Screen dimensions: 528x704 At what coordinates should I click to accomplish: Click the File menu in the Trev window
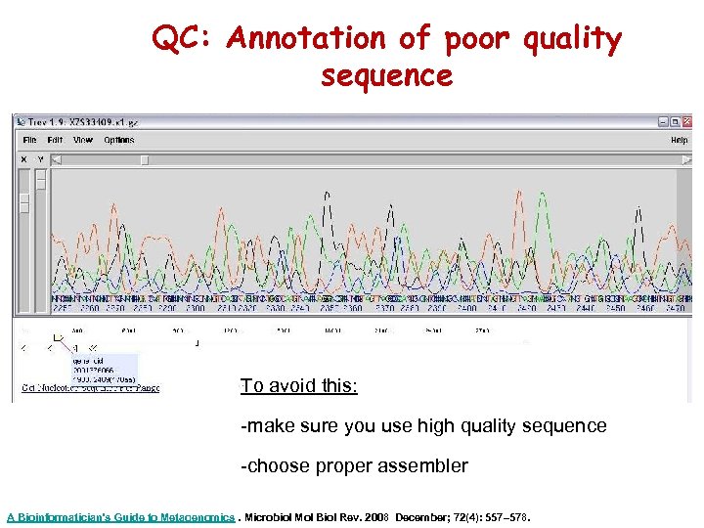pyautogui.click(x=29, y=140)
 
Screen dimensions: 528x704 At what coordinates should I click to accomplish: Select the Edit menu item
pyautogui.click(x=57, y=140)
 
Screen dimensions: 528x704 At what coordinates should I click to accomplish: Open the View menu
pyautogui.click(x=84, y=140)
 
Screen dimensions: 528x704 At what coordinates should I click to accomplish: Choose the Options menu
pyautogui.click(x=119, y=140)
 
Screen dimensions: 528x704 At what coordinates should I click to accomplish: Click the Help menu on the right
pyautogui.click(x=679, y=140)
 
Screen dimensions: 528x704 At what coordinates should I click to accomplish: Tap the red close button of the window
pyautogui.click(x=686, y=122)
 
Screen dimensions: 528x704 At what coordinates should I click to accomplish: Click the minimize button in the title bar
pyautogui.click(x=662, y=122)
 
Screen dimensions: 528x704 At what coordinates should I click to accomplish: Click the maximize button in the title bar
pyautogui.click(x=675, y=122)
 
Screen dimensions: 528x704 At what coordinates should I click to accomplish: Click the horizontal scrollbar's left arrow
pyautogui.click(x=57, y=159)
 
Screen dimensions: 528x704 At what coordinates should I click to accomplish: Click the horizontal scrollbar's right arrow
pyautogui.click(x=686, y=159)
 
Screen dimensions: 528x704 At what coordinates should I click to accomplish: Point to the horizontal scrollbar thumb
pyautogui.click(x=145, y=159)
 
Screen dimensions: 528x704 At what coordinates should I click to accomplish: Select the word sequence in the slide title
pyautogui.click(x=386, y=75)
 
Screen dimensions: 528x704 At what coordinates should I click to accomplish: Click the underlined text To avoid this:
pyautogui.click(x=299, y=385)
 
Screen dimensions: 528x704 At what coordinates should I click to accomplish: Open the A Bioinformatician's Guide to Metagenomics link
pyautogui.click(x=120, y=515)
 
